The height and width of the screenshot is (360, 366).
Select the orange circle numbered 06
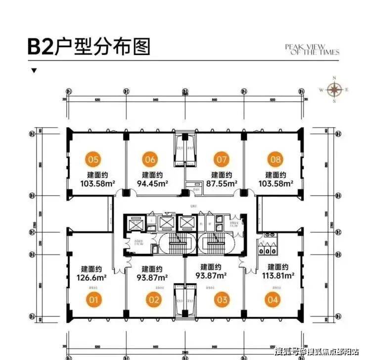coord(151,159)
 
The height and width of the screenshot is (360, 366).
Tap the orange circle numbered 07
coord(221,159)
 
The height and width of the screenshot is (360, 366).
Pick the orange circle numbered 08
coord(275,159)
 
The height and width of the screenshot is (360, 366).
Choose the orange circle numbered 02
coord(153,299)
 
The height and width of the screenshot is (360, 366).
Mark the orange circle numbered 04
coord(273,299)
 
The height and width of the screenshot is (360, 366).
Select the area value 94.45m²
coord(153,183)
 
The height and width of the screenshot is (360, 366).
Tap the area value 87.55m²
coord(222,183)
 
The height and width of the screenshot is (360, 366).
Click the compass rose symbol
coord(335,90)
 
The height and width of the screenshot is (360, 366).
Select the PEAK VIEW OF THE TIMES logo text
coord(312,49)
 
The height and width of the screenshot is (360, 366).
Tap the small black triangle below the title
coord(34,70)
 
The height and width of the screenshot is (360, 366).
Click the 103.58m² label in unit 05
coord(98,183)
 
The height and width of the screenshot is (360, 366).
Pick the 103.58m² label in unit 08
coord(276,183)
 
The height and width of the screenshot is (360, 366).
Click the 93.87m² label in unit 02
coord(152,277)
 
